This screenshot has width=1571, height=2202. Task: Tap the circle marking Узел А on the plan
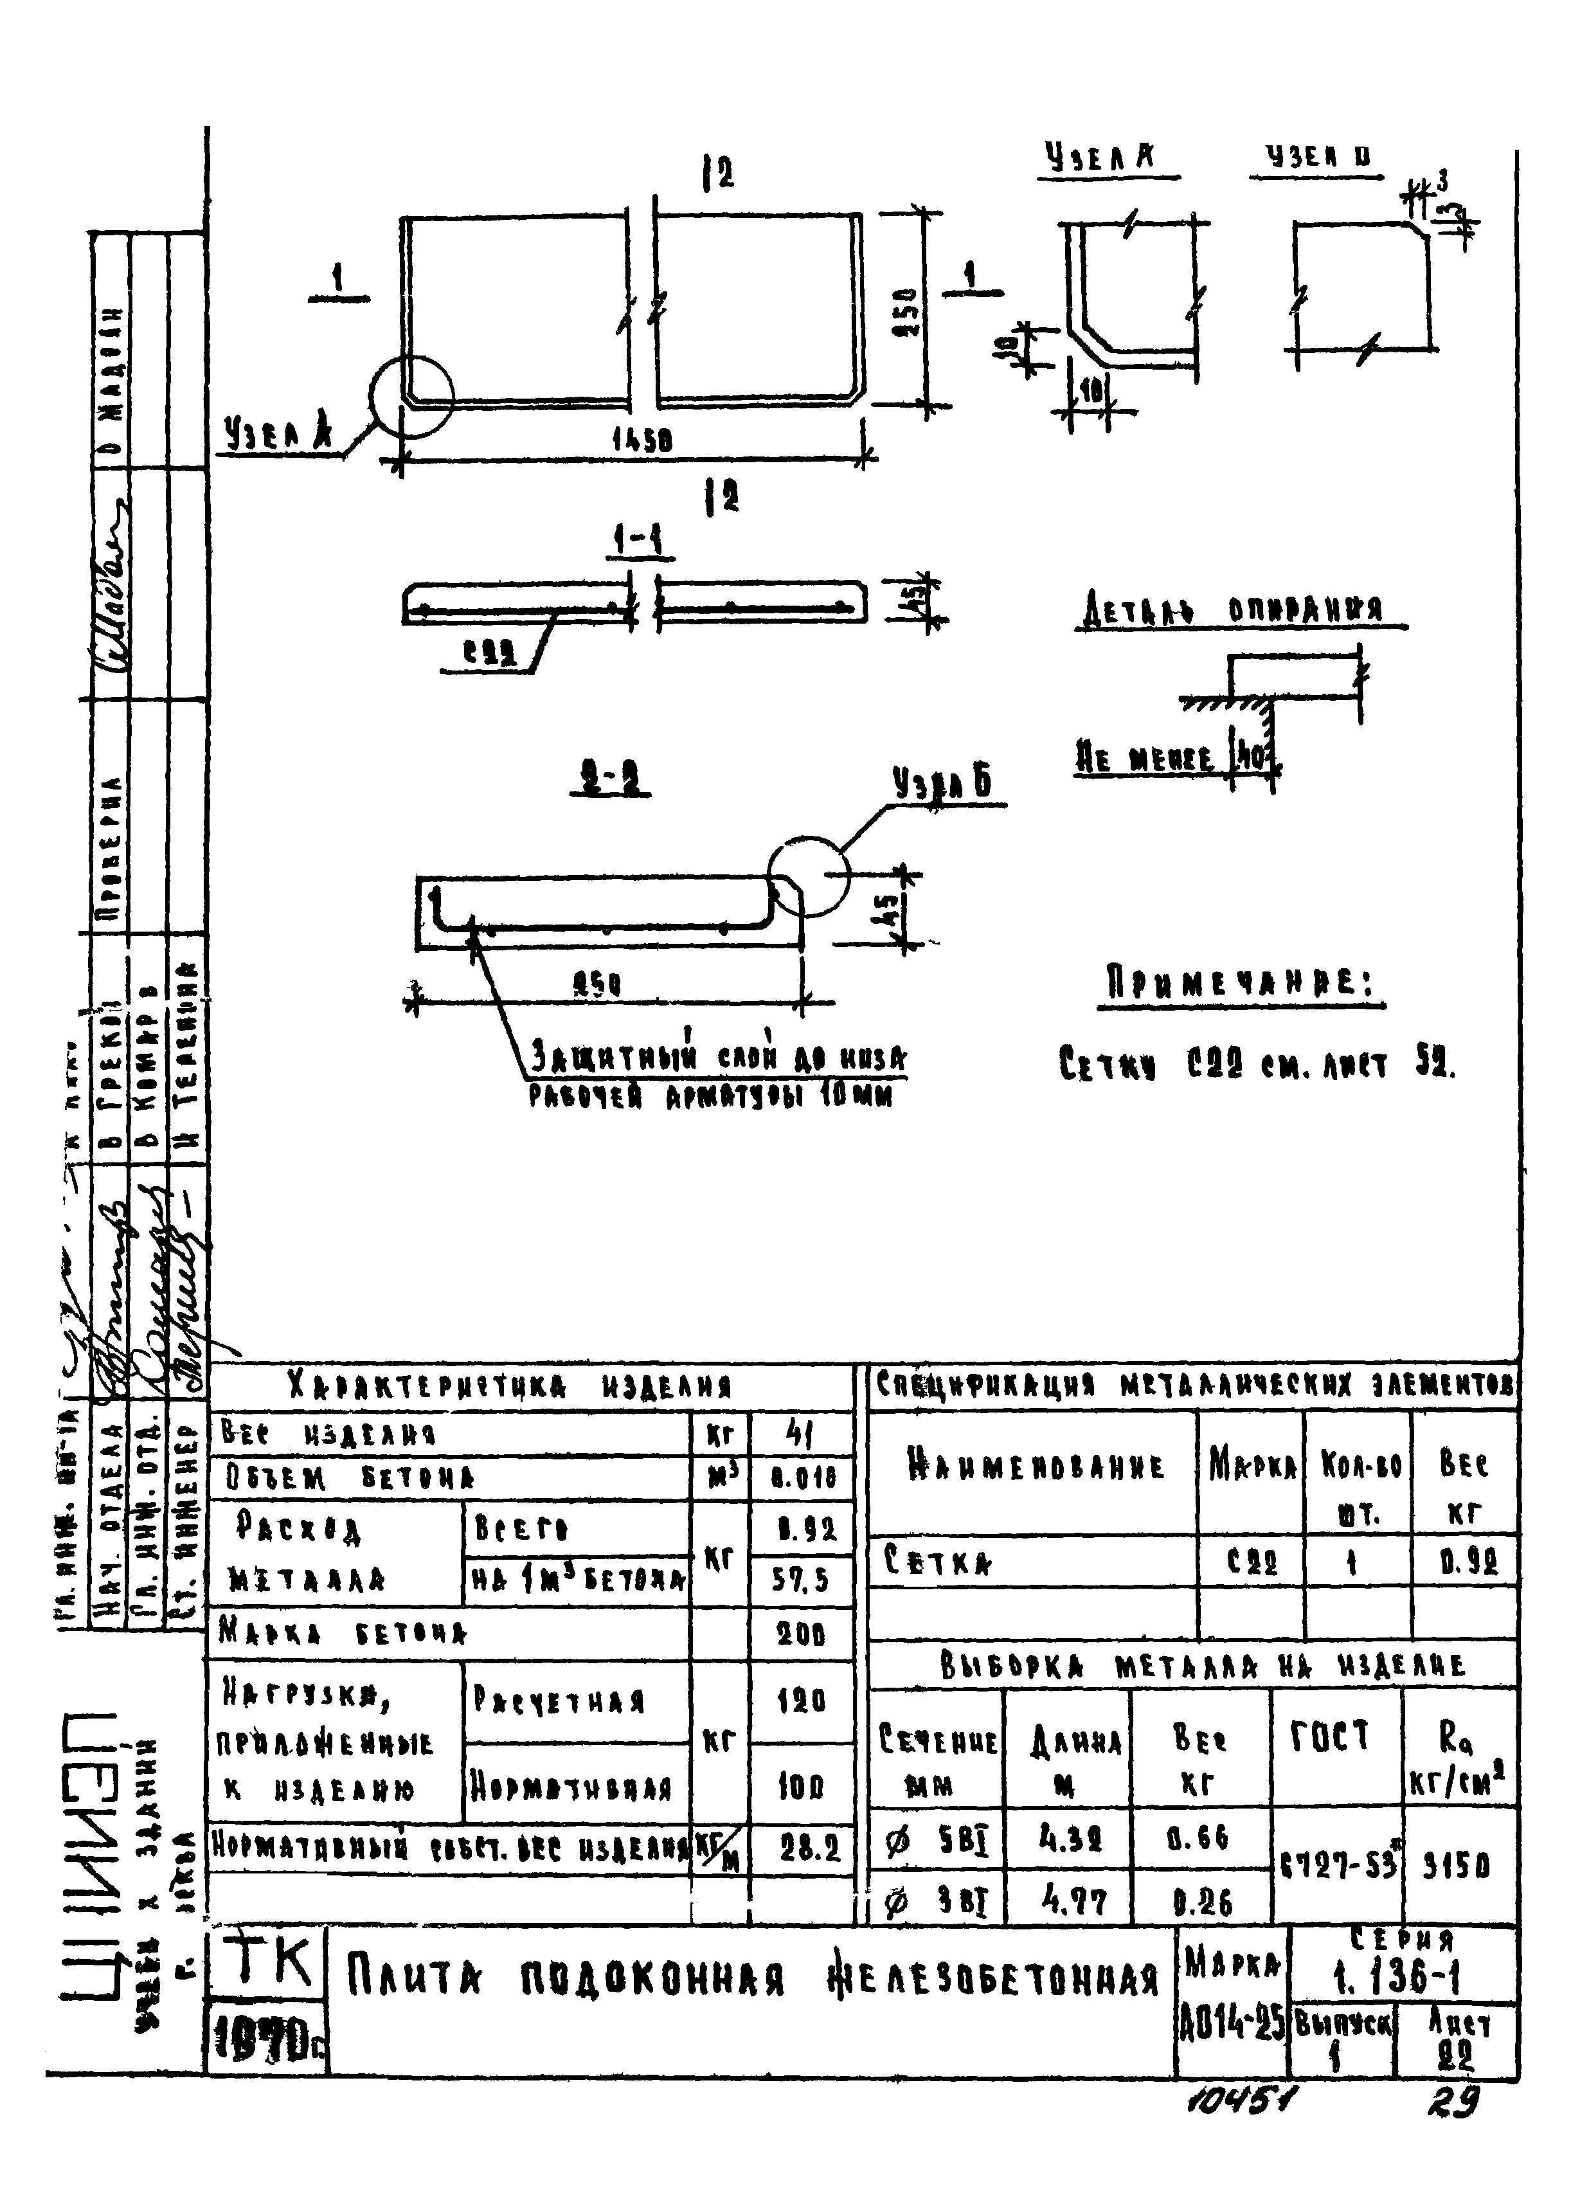coord(411,397)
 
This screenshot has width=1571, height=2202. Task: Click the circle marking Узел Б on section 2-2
coord(809,876)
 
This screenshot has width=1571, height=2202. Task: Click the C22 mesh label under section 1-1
coord(489,655)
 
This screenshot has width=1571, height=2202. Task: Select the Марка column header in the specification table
coord(1251,1468)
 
